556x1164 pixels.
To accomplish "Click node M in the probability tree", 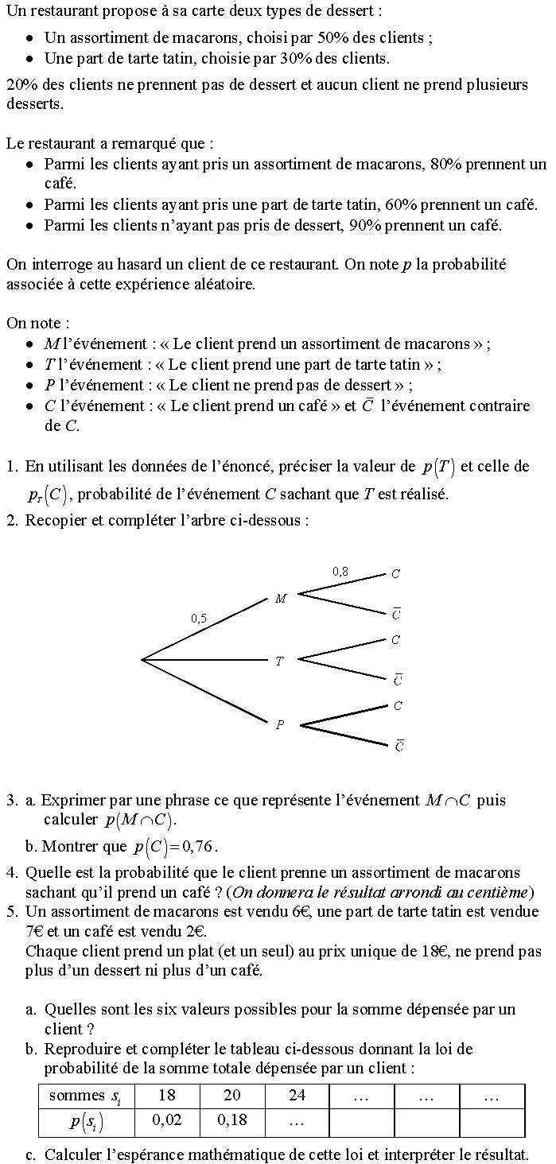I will pyautogui.click(x=280, y=599).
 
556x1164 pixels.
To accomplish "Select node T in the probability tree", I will pyautogui.click(x=279, y=661).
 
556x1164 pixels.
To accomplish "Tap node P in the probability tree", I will pyautogui.click(x=279, y=724).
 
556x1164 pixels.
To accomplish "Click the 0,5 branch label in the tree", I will pyautogui.click(x=199, y=618).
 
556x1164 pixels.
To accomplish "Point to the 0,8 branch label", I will pyautogui.click(x=340, y=571).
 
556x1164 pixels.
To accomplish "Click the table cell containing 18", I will pyautogui.click(x=167, y=1096).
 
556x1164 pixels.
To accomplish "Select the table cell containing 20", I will pyautogui.click(x=231, y=1096).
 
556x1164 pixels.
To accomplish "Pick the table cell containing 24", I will pyautogui.click(x=297, y=1096).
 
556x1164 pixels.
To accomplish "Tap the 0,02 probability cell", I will pyautogui.click(x=167, y=1121).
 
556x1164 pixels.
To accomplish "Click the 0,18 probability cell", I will pyautogui.click(x=231, y=1121).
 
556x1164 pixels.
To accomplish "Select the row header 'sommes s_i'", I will pyautogui.click(x=86, y=1096).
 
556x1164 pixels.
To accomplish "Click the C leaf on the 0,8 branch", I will pyautogui.click(x=395, y=573).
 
